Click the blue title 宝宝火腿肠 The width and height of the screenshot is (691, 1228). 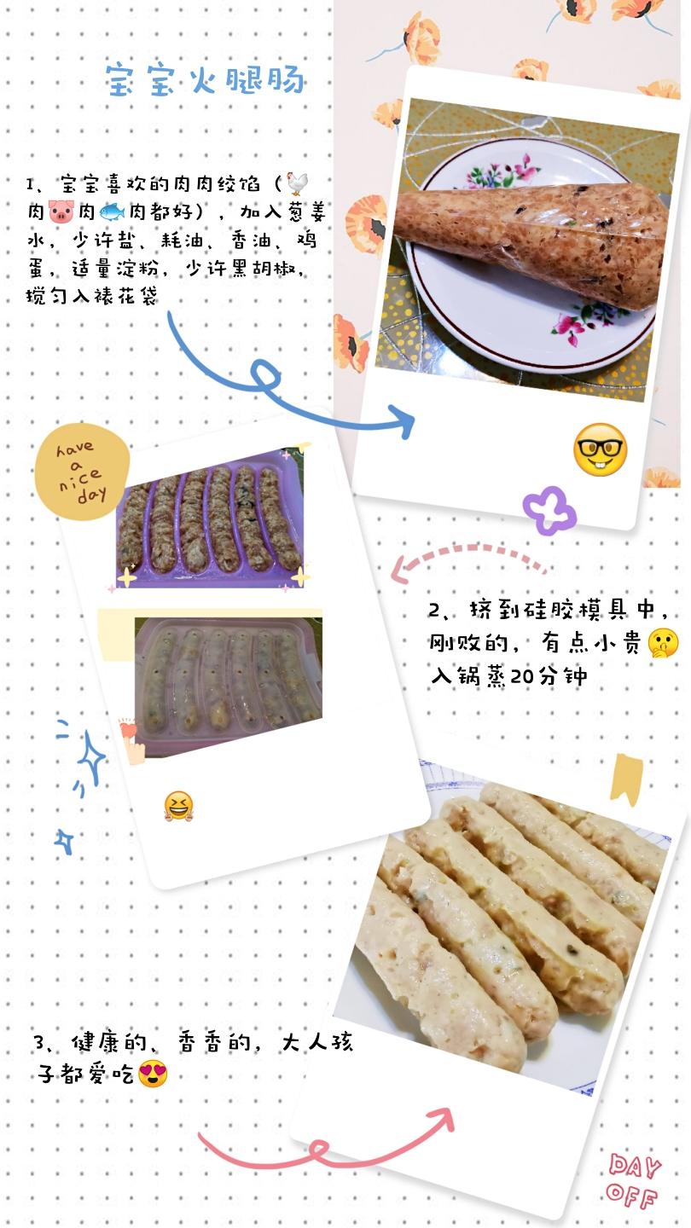[x=206, y=80]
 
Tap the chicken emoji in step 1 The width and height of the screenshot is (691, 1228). [x=297, y=183]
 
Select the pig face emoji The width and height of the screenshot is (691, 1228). [x=61, y=211]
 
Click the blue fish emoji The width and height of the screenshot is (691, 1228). [x=112, y=211]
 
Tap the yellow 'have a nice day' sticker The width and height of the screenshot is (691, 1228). [x=82, y=472]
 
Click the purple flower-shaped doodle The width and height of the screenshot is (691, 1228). [x=549, y=511]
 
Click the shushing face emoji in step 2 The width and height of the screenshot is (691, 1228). [x=663, y=642]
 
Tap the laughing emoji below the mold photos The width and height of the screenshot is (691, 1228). [x=179, y=806]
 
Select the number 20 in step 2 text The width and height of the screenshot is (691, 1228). [x=521, y=676]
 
